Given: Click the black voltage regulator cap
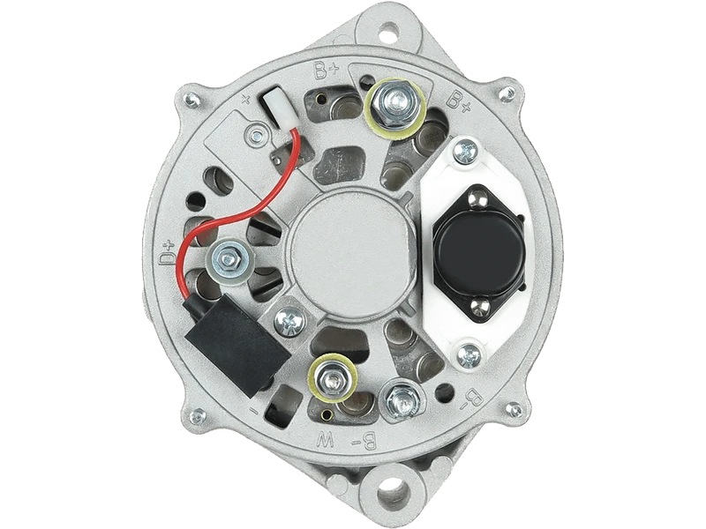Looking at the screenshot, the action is click(x=478, y=253).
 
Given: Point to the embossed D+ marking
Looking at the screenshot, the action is click(x=167, y=252).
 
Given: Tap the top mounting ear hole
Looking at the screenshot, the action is click(x=389, y=32).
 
